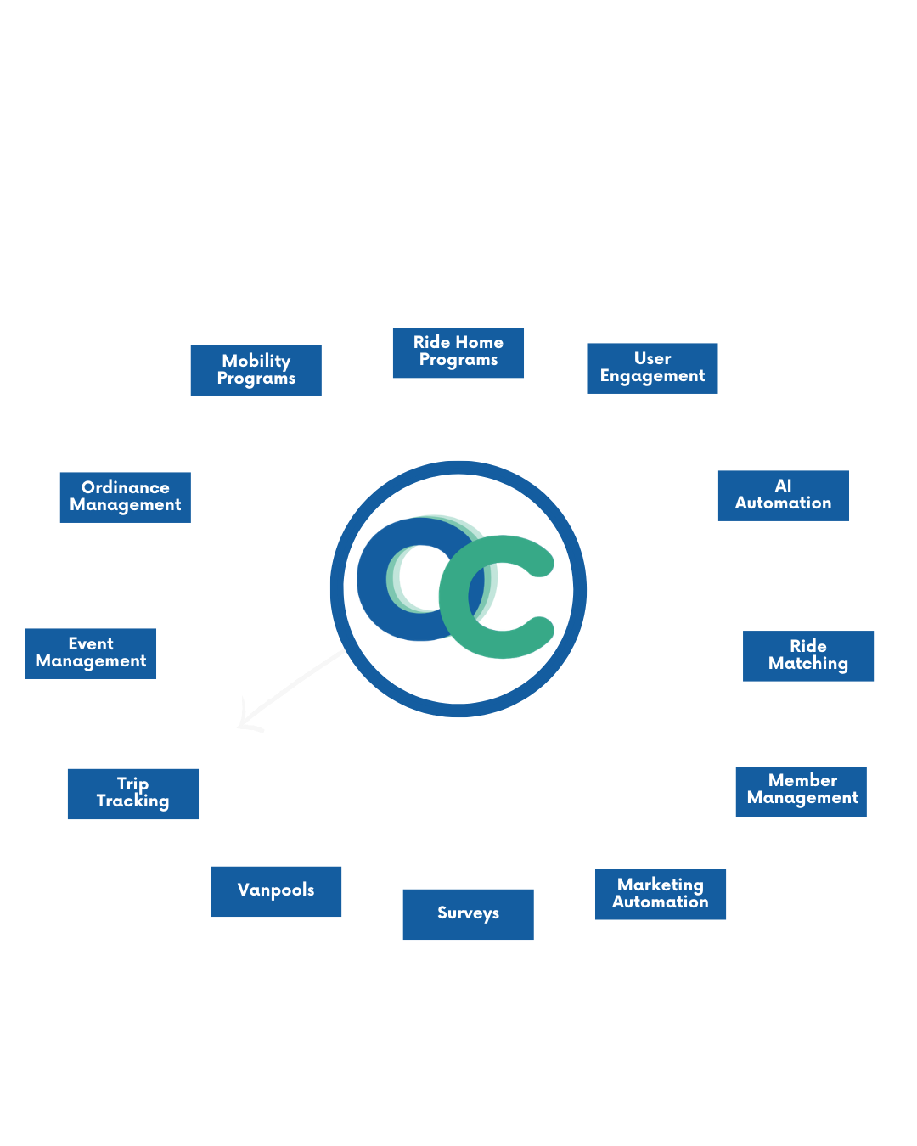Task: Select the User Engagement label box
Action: click(x=652, y=368)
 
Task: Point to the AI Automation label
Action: click(x=783, y=495)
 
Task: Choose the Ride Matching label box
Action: click(x=808, y=655)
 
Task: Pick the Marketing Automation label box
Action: click(x=660, y=894)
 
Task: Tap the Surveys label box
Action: click(x=468, y=913)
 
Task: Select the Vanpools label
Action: click(x=276, y=890)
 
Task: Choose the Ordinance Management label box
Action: click(x=125, y=497)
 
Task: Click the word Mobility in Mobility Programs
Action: click(x=256, y=362)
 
